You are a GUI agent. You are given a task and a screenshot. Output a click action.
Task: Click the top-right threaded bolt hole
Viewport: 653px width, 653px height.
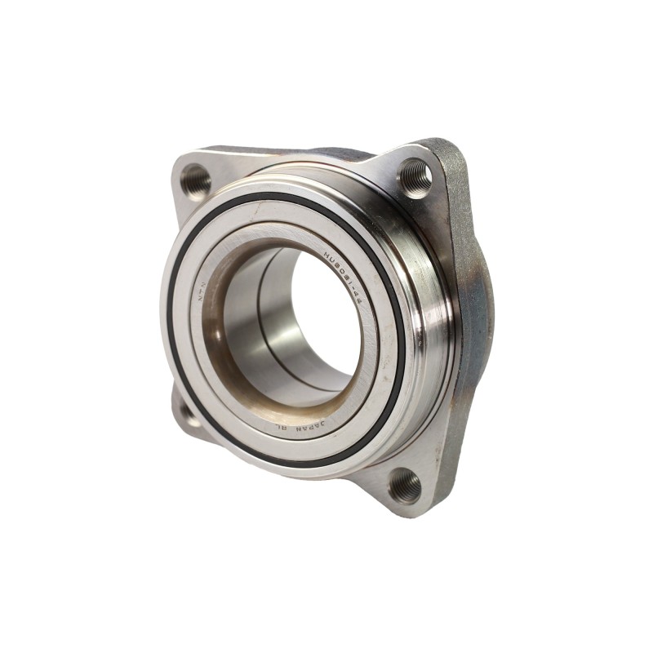pos(415,177)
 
